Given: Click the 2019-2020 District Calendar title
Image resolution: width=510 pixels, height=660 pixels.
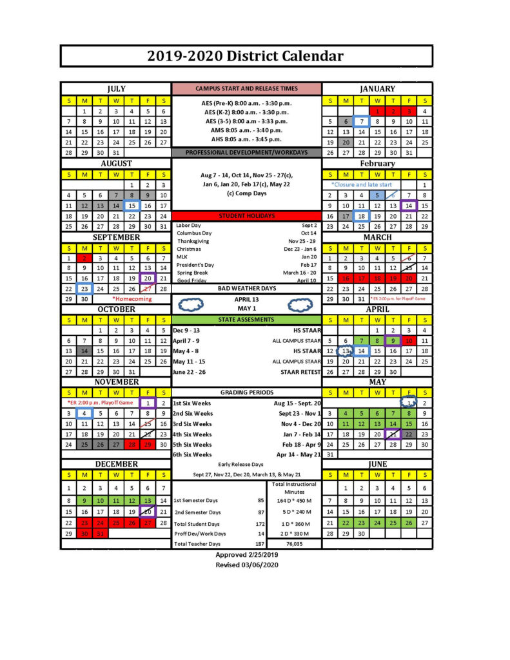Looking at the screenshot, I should [246, 56].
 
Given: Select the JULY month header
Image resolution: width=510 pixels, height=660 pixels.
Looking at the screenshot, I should [116, 89].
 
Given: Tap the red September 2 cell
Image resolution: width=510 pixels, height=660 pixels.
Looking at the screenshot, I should [84, 258].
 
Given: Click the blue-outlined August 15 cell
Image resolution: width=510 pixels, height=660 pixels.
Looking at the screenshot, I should [132, 206].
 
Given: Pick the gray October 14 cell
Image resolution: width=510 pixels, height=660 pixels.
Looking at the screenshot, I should [84, 351].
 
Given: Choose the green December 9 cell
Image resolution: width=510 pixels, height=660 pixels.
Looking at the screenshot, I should [84, 500].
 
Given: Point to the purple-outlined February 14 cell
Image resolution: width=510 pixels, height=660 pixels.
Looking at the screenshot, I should [409, 206].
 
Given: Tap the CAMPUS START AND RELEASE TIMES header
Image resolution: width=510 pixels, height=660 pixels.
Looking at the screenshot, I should [246, 89].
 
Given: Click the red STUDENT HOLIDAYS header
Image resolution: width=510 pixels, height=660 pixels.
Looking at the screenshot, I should [246, 216].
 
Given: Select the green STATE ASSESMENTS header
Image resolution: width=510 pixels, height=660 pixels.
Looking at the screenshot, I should [246, 320].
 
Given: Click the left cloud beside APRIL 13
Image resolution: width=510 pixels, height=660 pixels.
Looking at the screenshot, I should [191, 304].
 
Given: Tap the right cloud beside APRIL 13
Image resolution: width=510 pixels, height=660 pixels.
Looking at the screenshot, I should [301, 304].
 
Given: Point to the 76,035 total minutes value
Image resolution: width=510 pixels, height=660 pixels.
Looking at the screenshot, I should [294, 544].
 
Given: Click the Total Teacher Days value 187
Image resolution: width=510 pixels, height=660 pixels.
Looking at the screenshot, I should [260, 544].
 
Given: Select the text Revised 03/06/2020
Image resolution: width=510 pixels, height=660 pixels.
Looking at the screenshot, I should [246, 565].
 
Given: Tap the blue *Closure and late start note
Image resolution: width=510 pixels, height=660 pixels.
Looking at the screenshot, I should [361, 184].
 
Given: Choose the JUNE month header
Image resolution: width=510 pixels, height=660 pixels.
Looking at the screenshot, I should [377, 464].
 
